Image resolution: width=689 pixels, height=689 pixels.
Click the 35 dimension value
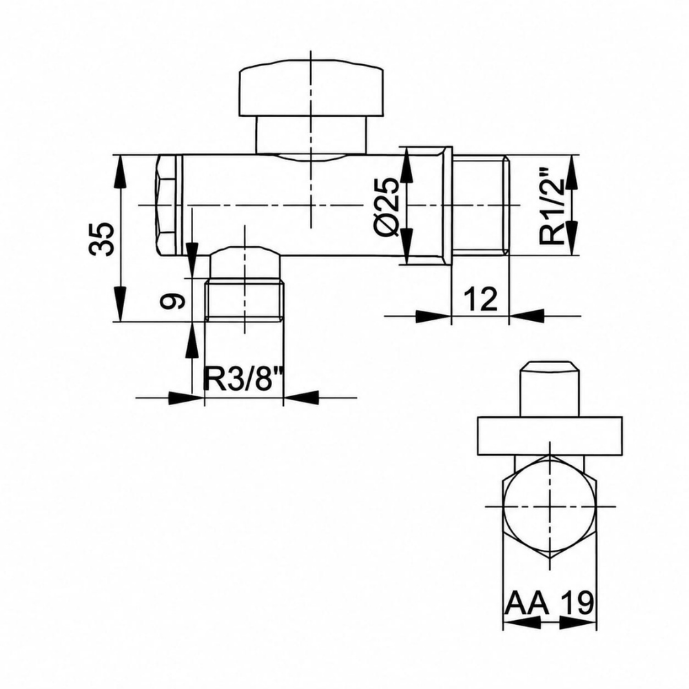[101, 239]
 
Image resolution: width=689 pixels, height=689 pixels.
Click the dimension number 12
[480, 299]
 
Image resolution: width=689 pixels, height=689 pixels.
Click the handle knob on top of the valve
[311, 92]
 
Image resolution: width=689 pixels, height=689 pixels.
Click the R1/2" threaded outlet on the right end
[481, 205]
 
